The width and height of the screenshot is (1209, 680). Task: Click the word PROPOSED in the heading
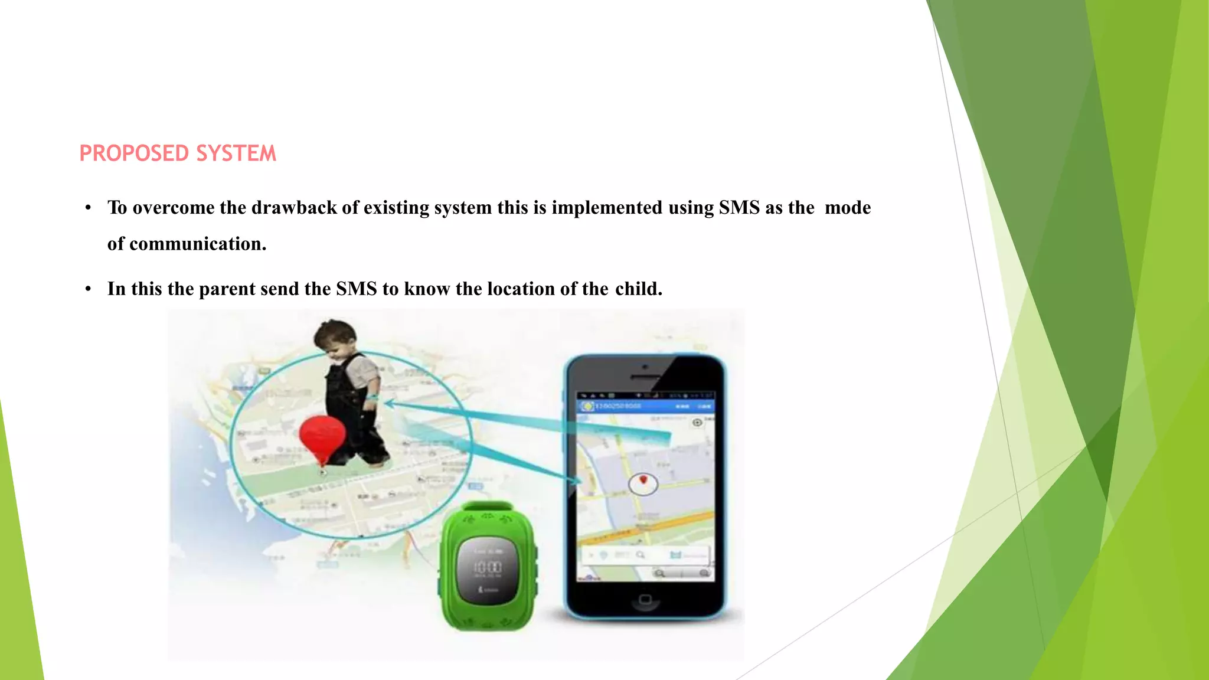[135, 153]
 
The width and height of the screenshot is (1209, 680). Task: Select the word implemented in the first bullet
[607, 208]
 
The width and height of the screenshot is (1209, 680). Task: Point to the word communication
[198, 244]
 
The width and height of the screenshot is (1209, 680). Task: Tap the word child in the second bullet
[638, 289]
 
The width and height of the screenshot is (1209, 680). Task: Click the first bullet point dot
[88, 208]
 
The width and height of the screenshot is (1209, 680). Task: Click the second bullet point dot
[88, 289]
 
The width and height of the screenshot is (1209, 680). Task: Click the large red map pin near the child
[322, 437]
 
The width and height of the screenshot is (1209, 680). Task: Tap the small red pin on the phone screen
[643, 480]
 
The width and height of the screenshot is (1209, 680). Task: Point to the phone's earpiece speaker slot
[645, 377]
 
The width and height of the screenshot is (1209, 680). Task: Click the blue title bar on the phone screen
[645, 406]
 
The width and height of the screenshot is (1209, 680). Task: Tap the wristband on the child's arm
[372, 397]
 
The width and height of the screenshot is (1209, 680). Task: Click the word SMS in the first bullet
[739, 208]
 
